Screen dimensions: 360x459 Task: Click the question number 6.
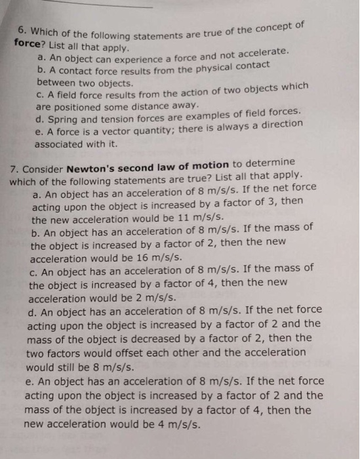click(22, 31)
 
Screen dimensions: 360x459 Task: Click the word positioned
click(71, 105)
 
